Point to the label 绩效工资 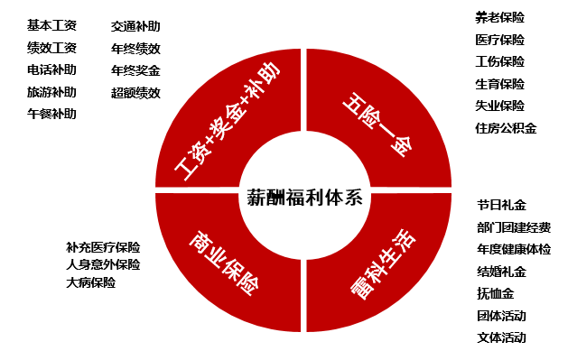pyautogui.click(x=52, y=49)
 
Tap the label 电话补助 pyautogui.click(x=52, y=70)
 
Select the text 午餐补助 pyautogui.click(x=52, y=115)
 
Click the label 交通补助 pyautogui.click(x=135, y=27)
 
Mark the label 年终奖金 pyautogui.click(x=135, y=70)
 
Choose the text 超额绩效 pyautogui.click(x=135, y=93)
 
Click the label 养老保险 pyautogui.click(x=499, y=17)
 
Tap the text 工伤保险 pyautogui.click(x=499, y=61)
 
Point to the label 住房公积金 pyautogui.click(x=506, y=128)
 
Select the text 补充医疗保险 pyautogui.click(x=103, y=246)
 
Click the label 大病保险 pyautogui.click(x=90, y=283)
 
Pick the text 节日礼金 pyautogui.click(x=501, y=206)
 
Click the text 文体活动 pyautogui.click(x=501, y=338)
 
